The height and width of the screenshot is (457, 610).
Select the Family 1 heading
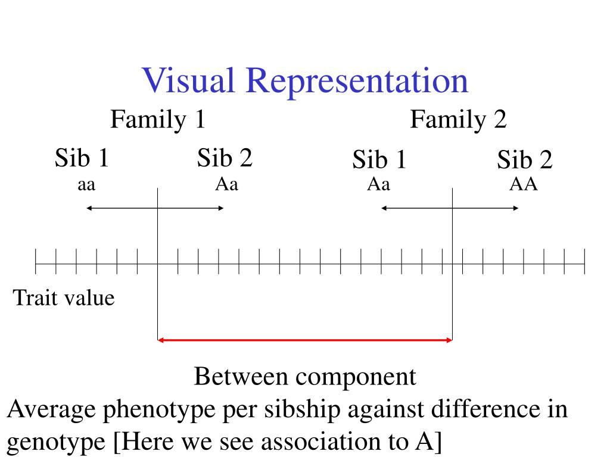coord(158,121)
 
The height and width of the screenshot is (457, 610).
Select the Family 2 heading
coord(458,121)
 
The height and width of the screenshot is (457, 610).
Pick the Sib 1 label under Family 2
coord(379,160)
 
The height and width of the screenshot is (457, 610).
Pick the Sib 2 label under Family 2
coord(525,160)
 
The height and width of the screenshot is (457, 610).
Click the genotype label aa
coord(87,185)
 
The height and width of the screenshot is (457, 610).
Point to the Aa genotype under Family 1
coord(226,184)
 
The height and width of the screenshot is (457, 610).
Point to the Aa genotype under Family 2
coord(378,184)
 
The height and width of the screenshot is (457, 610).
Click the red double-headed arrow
coord(304,340)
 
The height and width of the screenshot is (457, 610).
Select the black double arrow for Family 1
coord(155,208)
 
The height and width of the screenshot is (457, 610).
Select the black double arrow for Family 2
coord(450,208)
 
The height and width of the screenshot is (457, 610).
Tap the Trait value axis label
coord(63,297)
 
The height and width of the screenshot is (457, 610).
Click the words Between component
coord(304,377)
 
